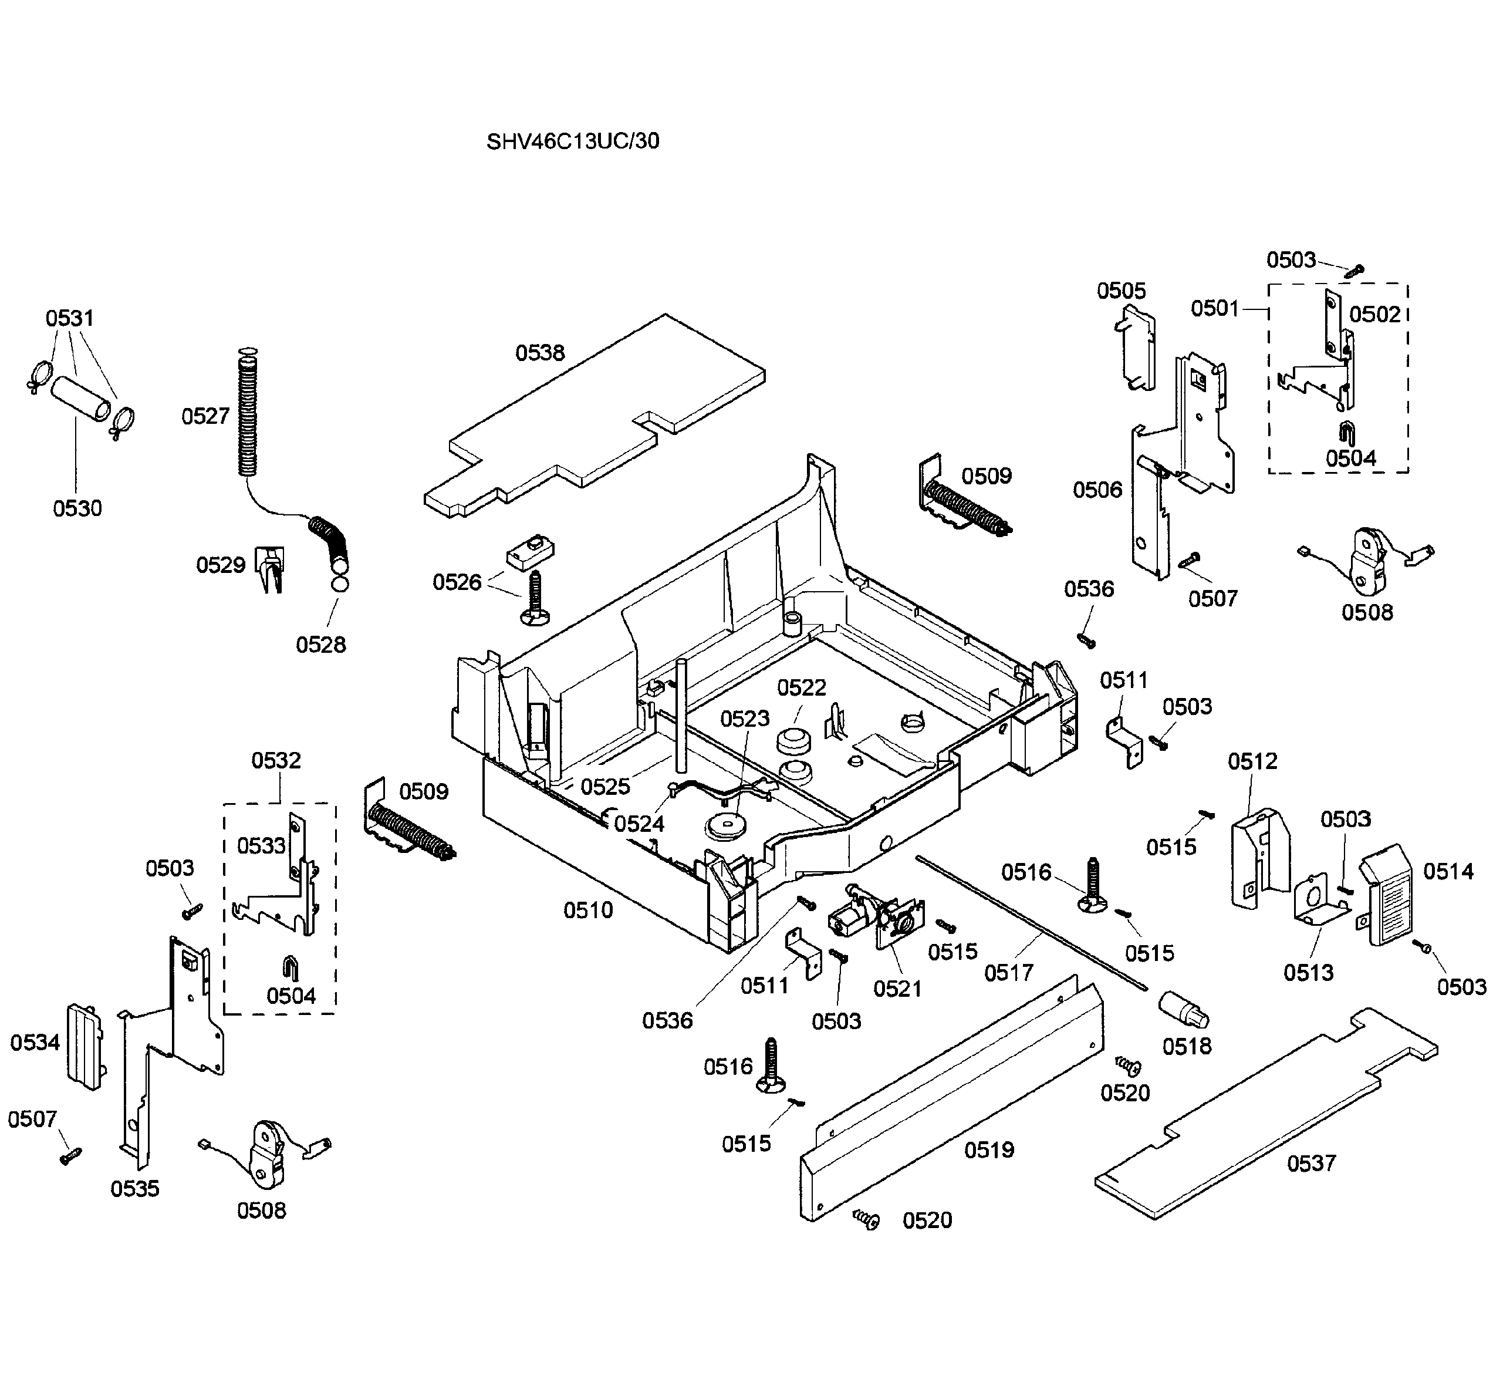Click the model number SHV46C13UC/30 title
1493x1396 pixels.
tap(572, 141)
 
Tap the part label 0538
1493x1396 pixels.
tap(539, 352)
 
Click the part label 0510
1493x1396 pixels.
tap(588, 910)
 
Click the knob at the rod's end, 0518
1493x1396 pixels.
tap(1184, 1009)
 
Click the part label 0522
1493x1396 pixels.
tap(801, 687)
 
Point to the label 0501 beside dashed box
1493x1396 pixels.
tap(1214, 308)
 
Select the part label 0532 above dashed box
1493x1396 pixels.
tap(276, 760)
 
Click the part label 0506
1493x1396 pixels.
tap(1096, 490)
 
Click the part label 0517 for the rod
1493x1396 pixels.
tap(1009, 972)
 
